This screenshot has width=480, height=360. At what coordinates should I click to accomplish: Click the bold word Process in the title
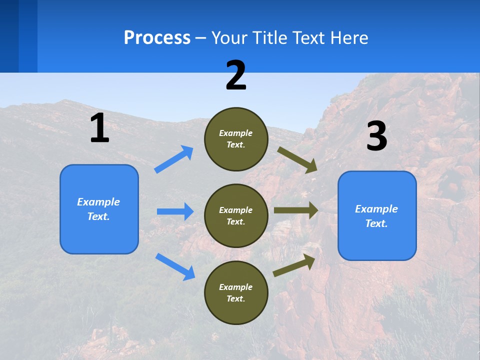[157, 38]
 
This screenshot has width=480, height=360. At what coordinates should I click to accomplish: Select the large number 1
[99, 128]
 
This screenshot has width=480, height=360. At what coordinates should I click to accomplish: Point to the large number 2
[236, 75]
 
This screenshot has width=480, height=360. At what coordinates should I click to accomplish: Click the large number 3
[376, 136]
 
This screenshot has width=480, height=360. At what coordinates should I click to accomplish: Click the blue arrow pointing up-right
[174, 159]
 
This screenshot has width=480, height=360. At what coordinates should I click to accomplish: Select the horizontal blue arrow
[175, 211]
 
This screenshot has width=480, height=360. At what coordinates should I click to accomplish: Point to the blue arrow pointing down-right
[175, 266]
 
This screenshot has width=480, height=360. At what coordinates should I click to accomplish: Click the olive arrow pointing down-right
[297, 159]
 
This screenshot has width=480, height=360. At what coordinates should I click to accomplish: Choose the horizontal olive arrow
[295, 210]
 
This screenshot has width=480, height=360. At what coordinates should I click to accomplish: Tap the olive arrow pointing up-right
[294, 265]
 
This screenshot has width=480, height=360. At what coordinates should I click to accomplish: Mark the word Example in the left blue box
[98, 202]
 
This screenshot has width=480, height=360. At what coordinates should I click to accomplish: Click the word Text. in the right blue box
[376, 223]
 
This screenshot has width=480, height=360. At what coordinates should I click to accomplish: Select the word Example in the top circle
[236, 133]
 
